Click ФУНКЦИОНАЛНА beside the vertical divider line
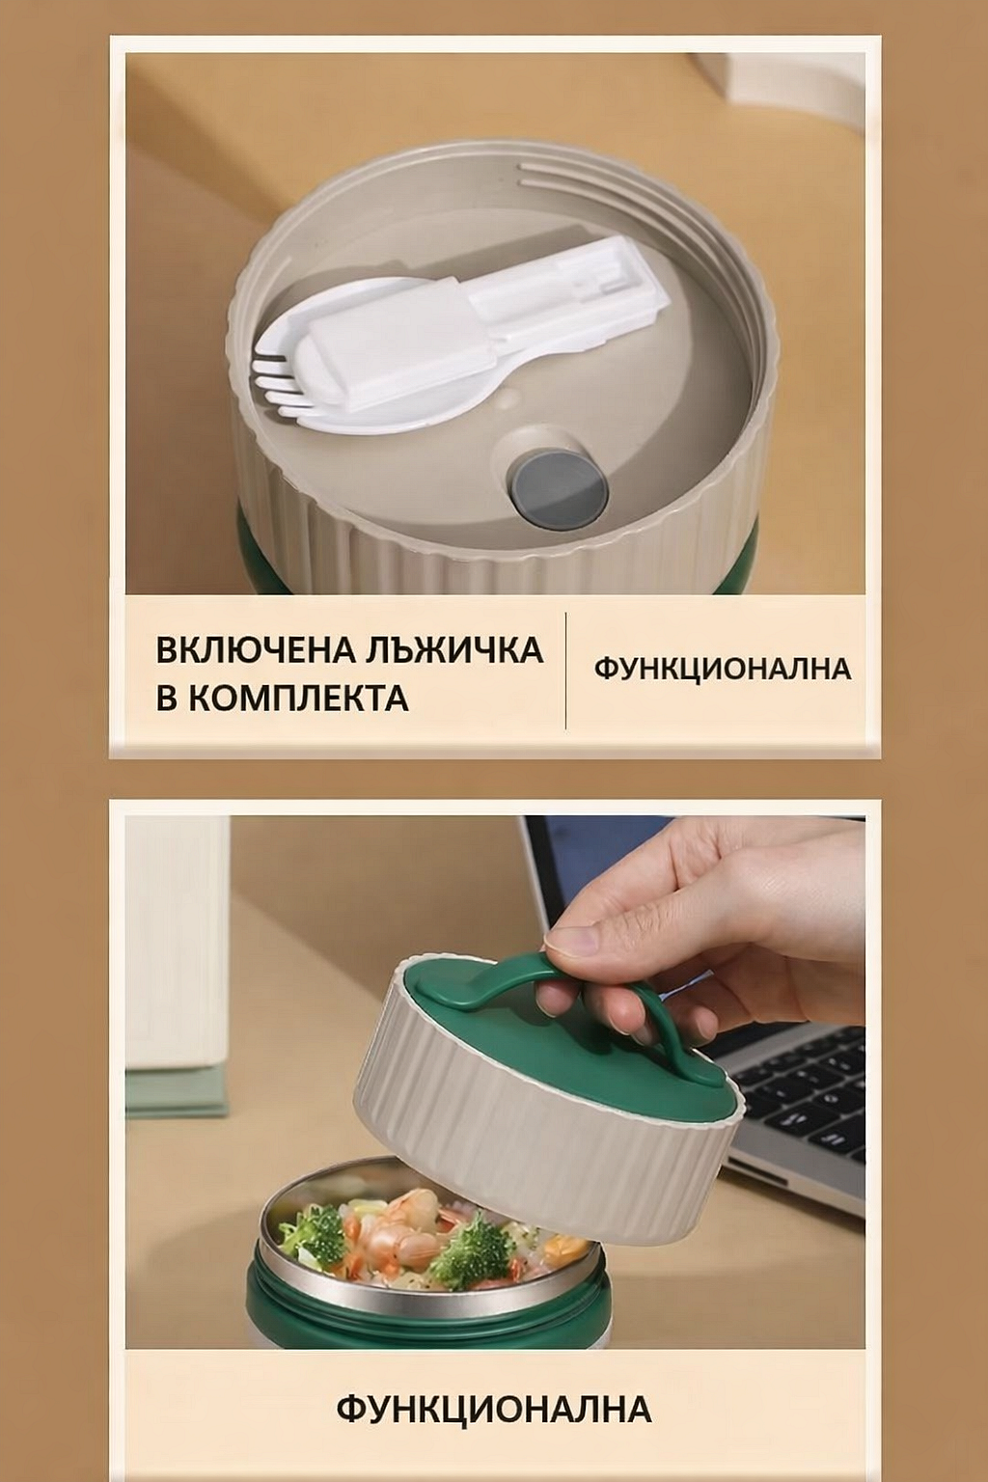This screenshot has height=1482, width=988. coord(723,669)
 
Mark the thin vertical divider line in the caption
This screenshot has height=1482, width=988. coord(565,671)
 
